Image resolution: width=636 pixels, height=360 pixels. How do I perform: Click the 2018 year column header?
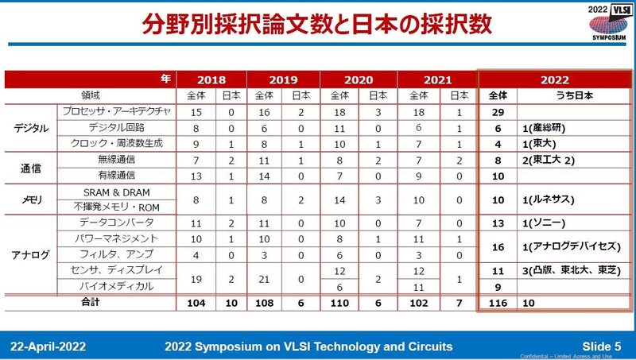point(211,79)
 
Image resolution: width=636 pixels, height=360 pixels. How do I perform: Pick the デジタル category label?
point(32,127)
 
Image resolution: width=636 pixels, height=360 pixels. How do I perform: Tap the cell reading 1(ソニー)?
point(545,223)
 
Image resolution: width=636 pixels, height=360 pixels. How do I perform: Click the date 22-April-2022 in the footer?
point(48,346)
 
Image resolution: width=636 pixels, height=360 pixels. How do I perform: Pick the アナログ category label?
point(32,254)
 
